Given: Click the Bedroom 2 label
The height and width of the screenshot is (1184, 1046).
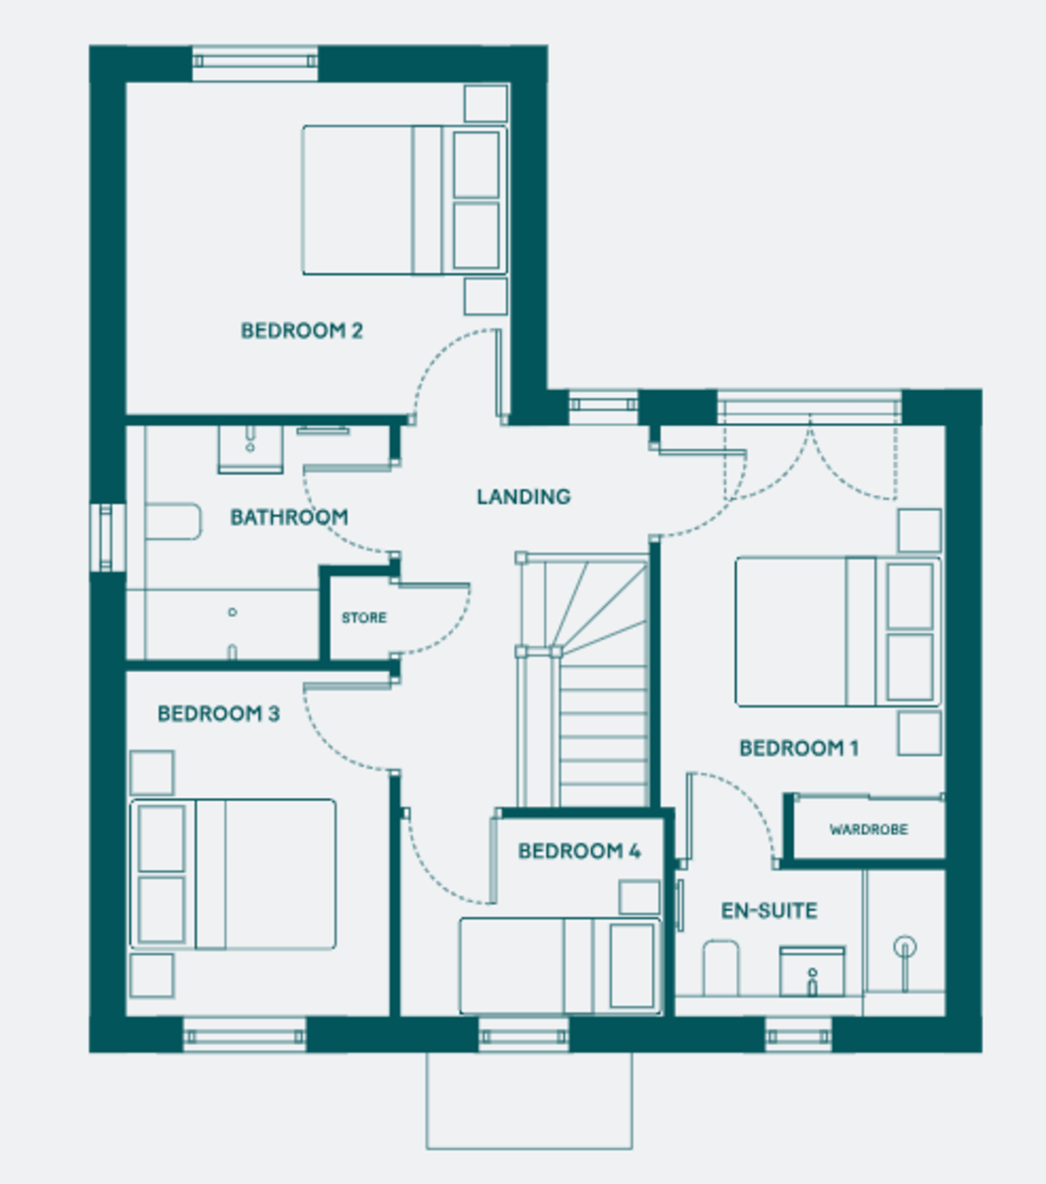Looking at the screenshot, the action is point(302,331).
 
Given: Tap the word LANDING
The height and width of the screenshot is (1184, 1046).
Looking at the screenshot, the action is point(523,496).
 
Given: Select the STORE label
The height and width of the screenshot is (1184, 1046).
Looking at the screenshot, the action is point(364,618).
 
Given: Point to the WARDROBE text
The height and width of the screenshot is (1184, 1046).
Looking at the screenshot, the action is point(868,829).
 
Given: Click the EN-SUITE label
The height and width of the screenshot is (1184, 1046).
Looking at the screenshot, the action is point(769,911).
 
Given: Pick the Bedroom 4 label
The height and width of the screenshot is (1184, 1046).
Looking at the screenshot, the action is point(579,851).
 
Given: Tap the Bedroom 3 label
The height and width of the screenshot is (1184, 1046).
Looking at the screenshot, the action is point(219,713).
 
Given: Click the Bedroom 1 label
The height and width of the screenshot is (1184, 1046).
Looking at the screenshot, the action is point(798,748).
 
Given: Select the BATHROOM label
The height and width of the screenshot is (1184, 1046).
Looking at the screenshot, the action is point(289,517).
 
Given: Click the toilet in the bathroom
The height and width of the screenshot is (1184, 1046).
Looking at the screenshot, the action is point(173,521).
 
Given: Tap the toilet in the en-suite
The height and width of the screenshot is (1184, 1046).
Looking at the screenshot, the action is point(720,968).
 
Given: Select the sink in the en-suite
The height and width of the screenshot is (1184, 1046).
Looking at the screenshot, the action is point(812,972).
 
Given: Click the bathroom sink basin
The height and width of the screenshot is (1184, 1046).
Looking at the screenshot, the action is point(251,449).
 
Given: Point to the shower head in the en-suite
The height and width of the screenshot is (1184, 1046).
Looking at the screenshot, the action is point(905,947).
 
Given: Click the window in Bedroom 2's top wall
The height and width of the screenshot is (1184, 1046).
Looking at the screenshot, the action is point(255,62).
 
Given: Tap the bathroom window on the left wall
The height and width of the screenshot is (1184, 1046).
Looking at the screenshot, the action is point(108,538).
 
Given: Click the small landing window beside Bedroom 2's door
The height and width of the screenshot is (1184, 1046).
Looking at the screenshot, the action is point(603,405).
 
